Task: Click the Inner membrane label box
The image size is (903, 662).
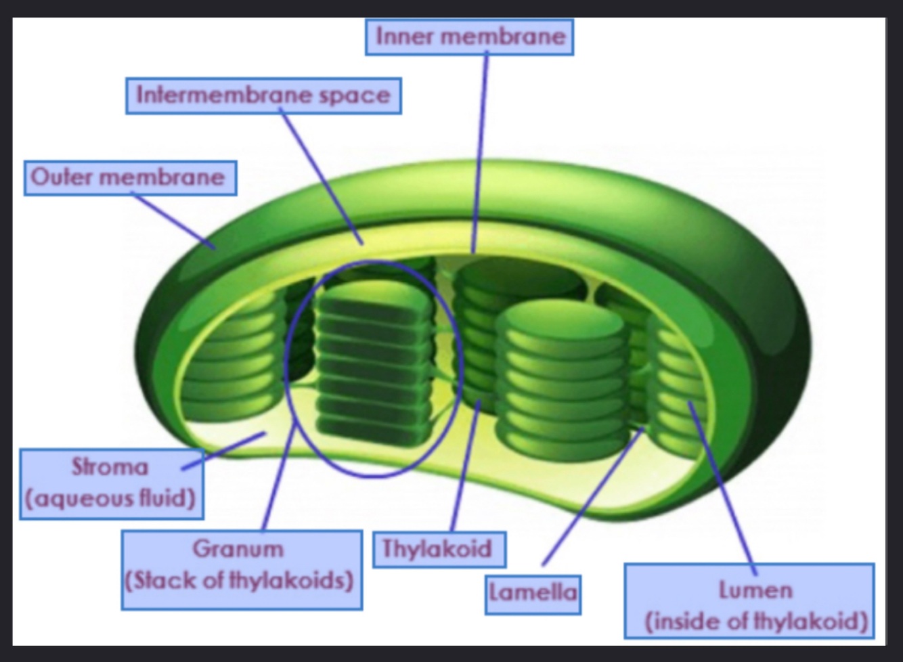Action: click(469, 37)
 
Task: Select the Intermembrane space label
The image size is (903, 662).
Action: click(263, 95)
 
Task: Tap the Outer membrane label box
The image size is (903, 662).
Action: click(130, 177)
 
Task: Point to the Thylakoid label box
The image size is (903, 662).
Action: click(439, 548)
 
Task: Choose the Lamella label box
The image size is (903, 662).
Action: click(533, 594)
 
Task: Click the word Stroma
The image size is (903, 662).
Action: click(110, 467)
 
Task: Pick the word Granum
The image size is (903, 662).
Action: click(238, 548)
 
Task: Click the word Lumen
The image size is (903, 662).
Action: click(755, 590)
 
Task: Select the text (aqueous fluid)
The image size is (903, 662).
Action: click(111, 499)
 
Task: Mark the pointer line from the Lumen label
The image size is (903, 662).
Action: click(722, 487)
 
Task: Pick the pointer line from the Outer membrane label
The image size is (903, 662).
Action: click(175, 221)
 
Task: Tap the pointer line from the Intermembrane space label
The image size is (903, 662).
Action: click(322, 177)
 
